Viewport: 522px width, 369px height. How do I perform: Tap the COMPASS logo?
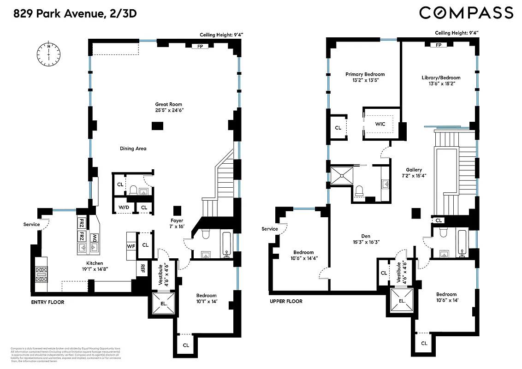click(466, 13)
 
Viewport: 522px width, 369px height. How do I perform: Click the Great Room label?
click(164, 104)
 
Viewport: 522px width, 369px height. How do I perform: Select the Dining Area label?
click(133, 149)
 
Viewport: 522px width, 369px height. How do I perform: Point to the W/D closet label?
click(124, 208)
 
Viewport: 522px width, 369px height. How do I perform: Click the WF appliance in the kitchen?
click(131, 246)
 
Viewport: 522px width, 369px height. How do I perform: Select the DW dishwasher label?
click(95, 238)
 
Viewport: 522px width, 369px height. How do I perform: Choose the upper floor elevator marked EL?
click(402, 301)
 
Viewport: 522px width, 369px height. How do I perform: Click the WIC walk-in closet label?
click(380, 124)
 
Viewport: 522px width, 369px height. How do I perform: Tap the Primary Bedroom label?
click(365, 74)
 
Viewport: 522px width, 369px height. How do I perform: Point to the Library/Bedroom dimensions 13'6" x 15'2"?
click(440, 84)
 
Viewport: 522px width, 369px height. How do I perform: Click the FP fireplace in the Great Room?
click(200, 46)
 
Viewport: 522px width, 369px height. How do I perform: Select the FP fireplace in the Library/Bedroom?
click(439, 45)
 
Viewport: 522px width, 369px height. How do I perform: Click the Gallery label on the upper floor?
click(414, 170)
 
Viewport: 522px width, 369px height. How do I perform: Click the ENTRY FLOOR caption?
click(47, 302)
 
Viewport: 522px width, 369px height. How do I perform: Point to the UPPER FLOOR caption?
click(286, 301)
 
